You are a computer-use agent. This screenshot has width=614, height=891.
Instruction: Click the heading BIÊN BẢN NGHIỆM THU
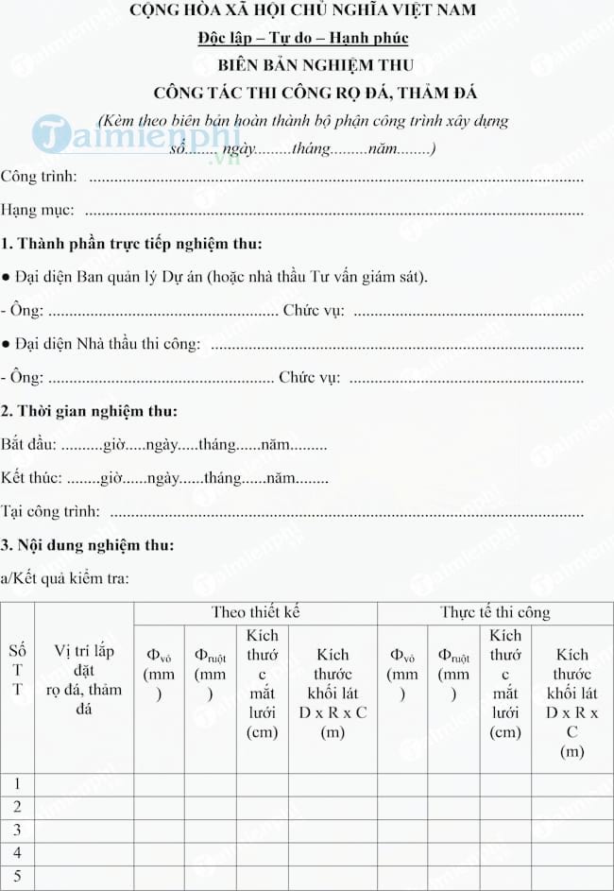[316, 65]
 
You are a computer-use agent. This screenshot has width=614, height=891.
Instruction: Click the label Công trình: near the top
[40, 177]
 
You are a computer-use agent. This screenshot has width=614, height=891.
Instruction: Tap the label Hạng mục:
[38, 210]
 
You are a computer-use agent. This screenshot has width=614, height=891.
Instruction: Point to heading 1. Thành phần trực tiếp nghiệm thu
[131, 244]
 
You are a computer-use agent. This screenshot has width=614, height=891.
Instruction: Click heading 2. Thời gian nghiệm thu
[89, 411]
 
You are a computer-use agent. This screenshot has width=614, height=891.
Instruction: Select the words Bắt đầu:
[29, 444]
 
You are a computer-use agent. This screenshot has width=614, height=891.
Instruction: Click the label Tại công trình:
[50, 511]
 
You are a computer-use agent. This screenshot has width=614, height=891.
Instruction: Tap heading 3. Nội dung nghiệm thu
[87, 545]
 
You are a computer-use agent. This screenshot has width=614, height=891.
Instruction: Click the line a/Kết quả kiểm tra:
[65, 578]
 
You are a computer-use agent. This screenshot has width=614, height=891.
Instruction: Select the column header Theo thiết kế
[255, 612]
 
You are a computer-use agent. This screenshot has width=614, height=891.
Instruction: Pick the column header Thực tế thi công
[495, 612]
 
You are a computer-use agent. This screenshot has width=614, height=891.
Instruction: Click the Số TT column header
[17, 670]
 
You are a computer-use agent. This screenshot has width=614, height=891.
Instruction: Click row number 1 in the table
[17, 784]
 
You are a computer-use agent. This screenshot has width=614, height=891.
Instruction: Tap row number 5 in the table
[17, 877]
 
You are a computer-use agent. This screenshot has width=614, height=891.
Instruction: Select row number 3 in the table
[17, 831]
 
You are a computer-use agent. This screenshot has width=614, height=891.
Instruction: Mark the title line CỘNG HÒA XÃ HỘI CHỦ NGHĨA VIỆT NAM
[316, 11]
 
